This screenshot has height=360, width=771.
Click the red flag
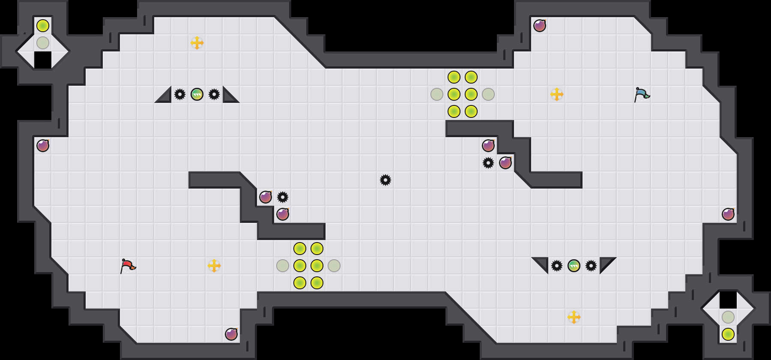(128, 266)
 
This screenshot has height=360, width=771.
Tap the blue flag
(642, 94)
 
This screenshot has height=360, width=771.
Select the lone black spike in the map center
(385, 180)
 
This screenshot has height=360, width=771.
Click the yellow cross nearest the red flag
(214, 266)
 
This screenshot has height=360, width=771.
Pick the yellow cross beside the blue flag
(557, 94)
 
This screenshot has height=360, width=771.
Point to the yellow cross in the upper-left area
(197, 43)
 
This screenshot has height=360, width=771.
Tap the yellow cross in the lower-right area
(574, 317)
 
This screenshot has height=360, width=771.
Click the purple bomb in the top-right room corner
(540, 26)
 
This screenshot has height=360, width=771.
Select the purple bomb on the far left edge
(43, 146)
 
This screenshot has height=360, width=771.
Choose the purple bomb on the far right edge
(728, 214)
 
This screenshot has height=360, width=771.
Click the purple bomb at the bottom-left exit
(231, 334)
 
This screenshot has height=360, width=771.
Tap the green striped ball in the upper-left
(197, 94)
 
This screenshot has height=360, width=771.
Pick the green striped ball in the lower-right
(574, 266)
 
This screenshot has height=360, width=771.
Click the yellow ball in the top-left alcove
(43, 26)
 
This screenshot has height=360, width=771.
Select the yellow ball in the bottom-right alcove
(728, 334)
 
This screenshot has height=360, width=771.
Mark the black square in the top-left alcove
(43, 60)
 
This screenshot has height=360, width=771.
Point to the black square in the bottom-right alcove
(728, 300)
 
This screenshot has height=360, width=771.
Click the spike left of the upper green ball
(180, 94)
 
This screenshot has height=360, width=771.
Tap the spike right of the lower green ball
(591, 266)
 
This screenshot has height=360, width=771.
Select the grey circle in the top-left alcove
(43, 43)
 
